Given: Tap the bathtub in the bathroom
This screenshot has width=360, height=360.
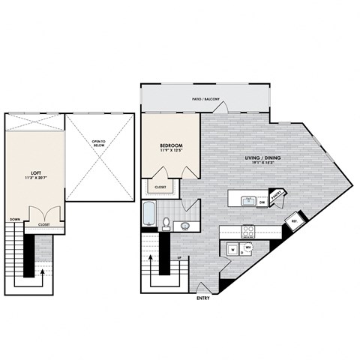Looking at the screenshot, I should tap(148, 213).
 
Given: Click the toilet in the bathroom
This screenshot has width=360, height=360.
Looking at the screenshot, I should tap(167, 222).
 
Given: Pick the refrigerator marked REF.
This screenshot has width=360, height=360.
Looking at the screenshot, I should tap(294, 221).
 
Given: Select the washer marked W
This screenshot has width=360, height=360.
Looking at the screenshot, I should tap(232, 250).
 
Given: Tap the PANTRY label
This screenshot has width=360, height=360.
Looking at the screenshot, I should tap(277, 196).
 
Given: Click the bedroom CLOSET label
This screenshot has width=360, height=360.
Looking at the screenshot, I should tap(161, 187).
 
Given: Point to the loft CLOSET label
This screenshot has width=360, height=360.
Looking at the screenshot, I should tap(45, 223).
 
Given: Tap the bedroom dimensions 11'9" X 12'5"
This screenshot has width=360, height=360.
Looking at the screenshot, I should tap(170, 152).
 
